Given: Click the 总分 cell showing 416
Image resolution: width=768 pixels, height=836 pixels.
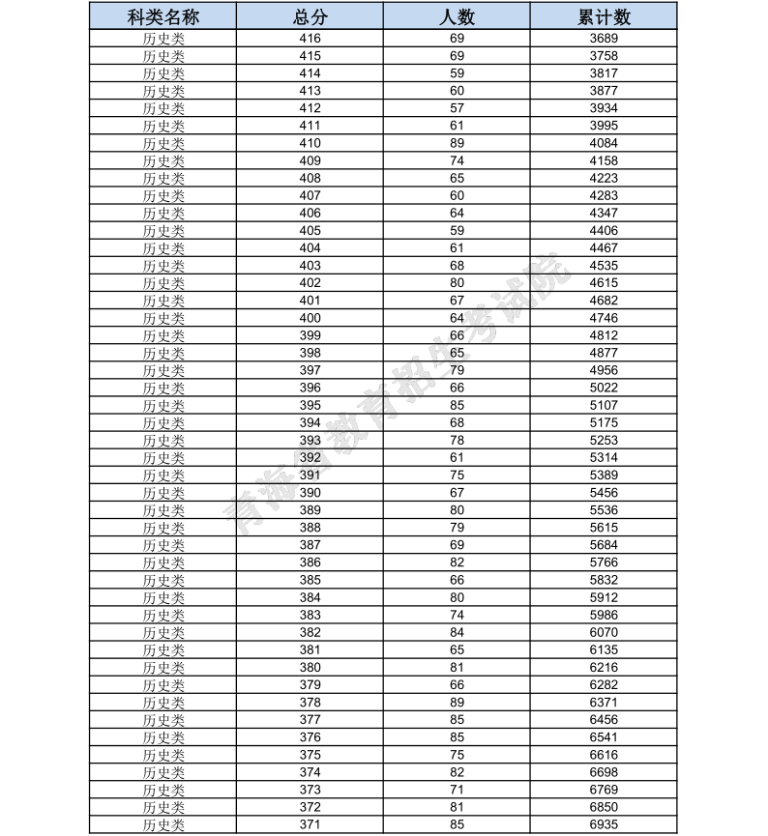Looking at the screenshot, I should tap(310, 39).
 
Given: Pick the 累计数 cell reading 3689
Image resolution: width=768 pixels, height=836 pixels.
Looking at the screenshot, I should tap(604, 39).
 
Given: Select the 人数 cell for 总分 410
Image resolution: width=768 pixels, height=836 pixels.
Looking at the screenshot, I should tap(457, 143).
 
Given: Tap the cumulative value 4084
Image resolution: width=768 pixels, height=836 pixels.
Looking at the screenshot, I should tap(604, 143).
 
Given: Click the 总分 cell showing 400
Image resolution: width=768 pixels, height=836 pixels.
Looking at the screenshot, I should tap(310, 318).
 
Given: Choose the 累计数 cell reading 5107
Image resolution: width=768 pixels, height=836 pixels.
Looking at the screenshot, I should tap(604, 405).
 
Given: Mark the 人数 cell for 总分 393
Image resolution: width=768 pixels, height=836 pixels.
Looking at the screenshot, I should tap(457, 440).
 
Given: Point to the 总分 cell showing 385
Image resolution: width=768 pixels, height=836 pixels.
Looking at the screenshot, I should tap(310, 580).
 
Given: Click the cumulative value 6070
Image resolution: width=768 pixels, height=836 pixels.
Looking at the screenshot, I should tap(604, 632).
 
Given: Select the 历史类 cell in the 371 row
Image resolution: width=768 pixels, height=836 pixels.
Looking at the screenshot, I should tap(162, 824).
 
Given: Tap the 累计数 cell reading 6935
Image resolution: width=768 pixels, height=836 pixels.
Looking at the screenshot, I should tap(604, 824).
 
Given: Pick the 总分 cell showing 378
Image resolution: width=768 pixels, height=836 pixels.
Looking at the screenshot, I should tap(310, 703).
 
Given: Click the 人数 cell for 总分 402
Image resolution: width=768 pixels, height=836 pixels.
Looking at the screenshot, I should tap(457, 283).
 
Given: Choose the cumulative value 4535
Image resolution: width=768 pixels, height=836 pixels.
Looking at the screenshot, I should tap(604, 266).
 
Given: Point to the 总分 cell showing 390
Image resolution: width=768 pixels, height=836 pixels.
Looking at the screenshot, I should tap(310, 493).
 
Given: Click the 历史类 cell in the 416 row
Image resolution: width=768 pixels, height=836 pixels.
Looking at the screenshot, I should tap(162, 39).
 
